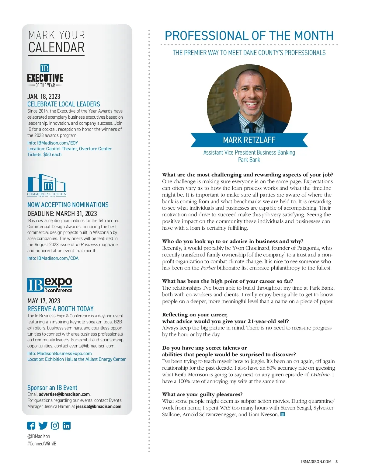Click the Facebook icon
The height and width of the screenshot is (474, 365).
click(x=31, y=426)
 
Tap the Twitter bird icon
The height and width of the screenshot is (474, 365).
click(x=43, y=426)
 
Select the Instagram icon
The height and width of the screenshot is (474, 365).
click(x=55, y=426)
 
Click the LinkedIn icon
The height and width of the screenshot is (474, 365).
click(x=66, y=426)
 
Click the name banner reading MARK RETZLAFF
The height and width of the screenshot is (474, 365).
click(x=249, y=140)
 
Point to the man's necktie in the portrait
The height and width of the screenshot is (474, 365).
click(x=251, y=128)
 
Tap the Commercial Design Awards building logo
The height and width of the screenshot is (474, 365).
click(x=47, y=185)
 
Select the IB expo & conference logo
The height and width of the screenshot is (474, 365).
click(x=50, y=285)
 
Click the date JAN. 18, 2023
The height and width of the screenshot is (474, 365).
click(x=44, y=96)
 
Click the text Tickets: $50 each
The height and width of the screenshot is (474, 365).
click(x=44, y=155)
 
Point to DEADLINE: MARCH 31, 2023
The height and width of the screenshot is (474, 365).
click(x=62, y=214)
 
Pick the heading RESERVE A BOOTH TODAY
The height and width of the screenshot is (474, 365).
click(x=60, y=309)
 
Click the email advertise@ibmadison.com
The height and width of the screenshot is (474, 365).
click(x=64, y=394)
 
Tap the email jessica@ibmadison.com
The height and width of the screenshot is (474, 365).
click(x=99, y=406)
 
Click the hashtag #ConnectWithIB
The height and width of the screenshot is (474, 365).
click(x=42, y=444)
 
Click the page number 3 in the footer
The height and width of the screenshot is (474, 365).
click(x=336, y=462)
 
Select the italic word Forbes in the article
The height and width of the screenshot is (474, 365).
click(x=208, y=268)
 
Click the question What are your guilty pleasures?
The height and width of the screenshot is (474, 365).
click(x=202, y=395)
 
